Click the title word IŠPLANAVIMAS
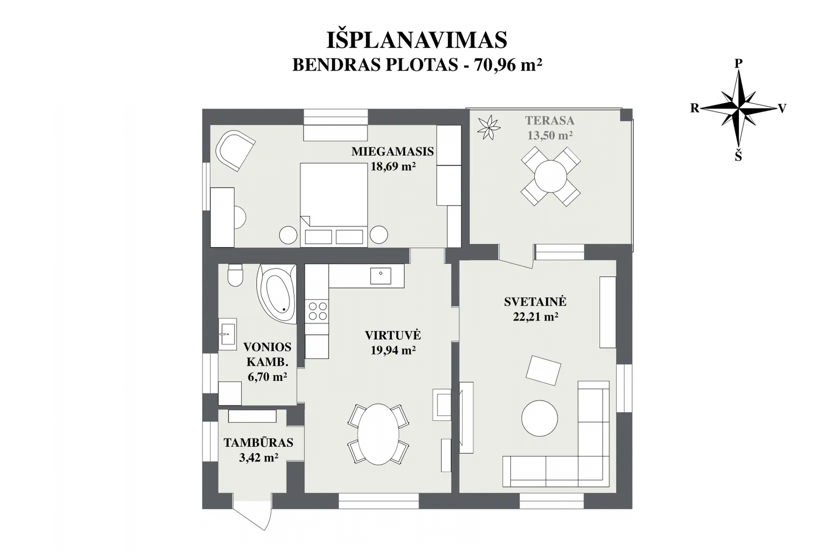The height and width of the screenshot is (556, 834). click(x=416, y=40)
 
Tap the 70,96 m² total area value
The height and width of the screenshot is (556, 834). click(x=508, y=65)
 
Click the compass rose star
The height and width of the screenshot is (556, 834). click(x=738, y=108)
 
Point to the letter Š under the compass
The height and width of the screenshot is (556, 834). click(x=738, y=156)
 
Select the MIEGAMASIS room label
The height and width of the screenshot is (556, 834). click(x=393, y=151)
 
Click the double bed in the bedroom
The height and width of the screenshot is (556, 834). click(x=334, y=205)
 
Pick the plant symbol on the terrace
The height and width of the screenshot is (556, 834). click(x=488, y=127)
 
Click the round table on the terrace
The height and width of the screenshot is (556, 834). click(x=550, y=176)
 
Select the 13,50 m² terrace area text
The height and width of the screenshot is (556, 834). click(x=549, y=135)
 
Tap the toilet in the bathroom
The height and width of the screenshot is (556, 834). click(x=235, y=275)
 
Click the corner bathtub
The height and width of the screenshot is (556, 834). click(x=276, y=293)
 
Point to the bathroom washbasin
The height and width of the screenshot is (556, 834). click(x=227, y=333)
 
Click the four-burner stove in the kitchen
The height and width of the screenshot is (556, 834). click(x=317, y=311)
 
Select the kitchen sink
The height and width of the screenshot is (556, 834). click(x=380, y=275)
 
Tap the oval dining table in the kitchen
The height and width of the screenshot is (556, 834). click(x=378, y=434)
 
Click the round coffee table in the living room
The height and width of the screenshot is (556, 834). click(x=539, y=418)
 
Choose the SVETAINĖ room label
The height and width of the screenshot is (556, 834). click(x=535, y=301)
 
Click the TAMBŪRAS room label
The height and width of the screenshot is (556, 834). click(x=258, y=443)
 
